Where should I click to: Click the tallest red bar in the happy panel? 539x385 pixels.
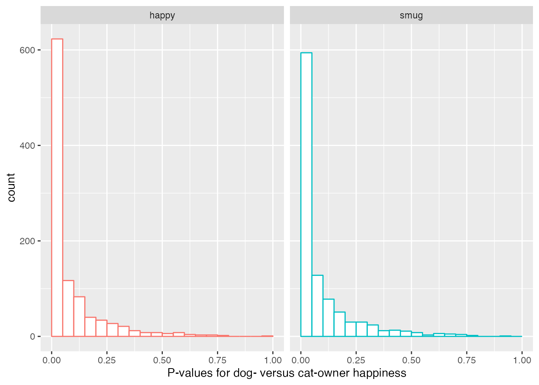click(x=57, y=188)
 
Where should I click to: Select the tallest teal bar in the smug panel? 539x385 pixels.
click(x=306, y=195)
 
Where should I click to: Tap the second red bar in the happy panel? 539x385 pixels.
click(x=68, y=308)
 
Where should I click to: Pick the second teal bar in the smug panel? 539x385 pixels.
click(x=317, y=306)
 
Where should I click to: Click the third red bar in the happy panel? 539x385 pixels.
click(x=79, y=316)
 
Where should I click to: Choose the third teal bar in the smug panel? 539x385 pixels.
click(x=328, y=318)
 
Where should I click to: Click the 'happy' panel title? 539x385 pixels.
click(x=162, y=15)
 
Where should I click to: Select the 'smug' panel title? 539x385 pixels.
click(x=411, y=15)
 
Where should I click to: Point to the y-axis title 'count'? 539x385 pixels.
click(x=11, y=187)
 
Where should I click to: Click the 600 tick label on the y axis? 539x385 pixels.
click(x=27, y=50)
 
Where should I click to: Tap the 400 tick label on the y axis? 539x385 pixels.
click(x=27, y=146)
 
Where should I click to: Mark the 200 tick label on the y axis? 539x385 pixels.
click(x=27, y=241)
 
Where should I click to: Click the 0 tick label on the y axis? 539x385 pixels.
click(x=32, y=336)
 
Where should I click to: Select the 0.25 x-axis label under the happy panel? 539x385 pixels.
click(x=107, y=360)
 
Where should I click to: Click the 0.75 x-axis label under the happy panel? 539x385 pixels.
click(x=217, y=360)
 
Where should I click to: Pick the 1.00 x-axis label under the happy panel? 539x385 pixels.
click(x=273, y=360)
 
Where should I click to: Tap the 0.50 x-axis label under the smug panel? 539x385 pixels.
click(x=411, y=360)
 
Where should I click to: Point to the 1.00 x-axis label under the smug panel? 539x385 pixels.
click(x=522, y=360)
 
